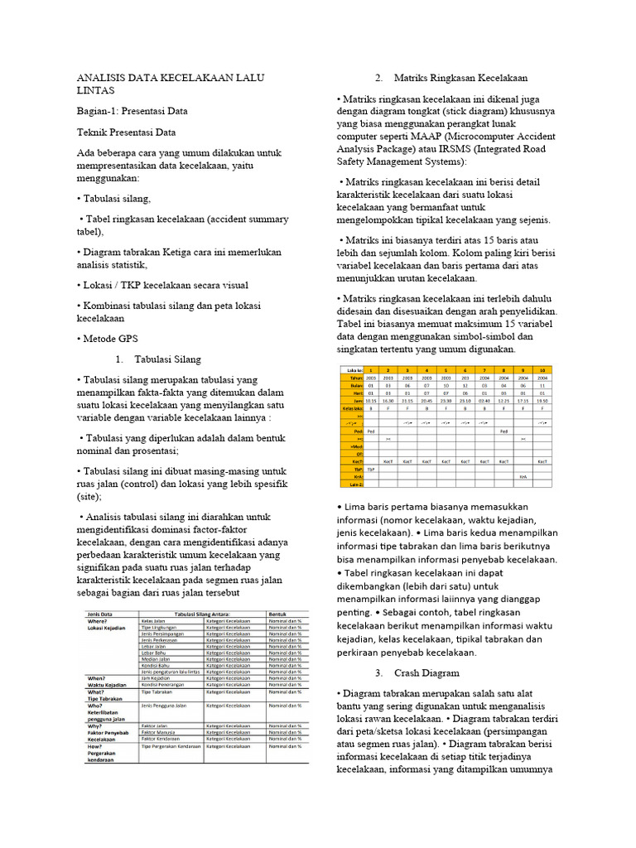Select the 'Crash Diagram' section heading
point(426,672)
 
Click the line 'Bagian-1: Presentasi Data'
point(132,110)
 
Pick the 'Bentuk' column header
point(277,614)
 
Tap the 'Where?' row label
point(98,620)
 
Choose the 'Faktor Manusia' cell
point(157,732)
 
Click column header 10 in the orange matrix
point(542,370)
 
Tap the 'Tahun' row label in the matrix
point(357,378)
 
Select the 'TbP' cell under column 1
point(370,470)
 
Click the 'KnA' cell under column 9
point(523,477)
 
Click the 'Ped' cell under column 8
point(503,431)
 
